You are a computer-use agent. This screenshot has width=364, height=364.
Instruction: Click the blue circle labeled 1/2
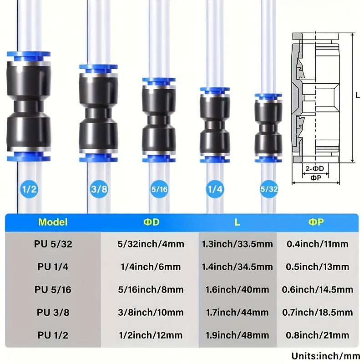click(x=29, y=189)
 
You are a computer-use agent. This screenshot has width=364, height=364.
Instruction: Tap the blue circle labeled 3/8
click(x=99, y=189)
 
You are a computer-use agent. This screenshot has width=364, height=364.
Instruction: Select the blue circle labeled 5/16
click(x=159, y=189)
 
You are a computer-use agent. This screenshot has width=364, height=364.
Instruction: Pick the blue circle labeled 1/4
click(x=215, y=189)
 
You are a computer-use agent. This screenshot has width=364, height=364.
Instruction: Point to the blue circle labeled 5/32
click(x=269, y=189)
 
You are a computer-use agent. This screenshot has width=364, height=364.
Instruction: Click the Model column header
click(x=53, y=222)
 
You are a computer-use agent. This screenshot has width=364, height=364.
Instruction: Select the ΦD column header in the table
click(x=152, y=222)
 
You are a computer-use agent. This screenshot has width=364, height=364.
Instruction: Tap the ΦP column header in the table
click(x=316, y=222)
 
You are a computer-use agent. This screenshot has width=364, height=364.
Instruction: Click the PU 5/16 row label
click(x=53, y=290)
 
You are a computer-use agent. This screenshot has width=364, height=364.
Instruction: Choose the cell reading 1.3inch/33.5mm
click(x=237, y=244)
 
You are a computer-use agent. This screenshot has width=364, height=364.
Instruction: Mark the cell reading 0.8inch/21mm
click(x=317, y=335)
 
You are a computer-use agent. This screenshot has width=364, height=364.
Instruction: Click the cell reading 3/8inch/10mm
click(x=151, y=313)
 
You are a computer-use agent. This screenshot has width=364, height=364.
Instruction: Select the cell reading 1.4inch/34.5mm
click(x=237, y=267)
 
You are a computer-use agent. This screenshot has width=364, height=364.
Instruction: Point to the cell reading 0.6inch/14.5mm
click(x=317, y=290)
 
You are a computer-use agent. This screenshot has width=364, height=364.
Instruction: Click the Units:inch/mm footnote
click(x=326, y=356)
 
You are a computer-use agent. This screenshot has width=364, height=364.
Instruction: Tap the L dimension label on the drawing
click(x=358, y=95)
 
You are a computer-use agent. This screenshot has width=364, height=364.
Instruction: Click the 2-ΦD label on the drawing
click(x=314, y=168)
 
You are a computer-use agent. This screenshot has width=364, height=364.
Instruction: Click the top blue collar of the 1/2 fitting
click(x=29, y=57)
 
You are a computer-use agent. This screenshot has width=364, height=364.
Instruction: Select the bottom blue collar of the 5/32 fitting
click(x=268, y=159)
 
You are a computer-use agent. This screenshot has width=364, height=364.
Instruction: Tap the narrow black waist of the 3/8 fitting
click(x=98, y=115)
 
